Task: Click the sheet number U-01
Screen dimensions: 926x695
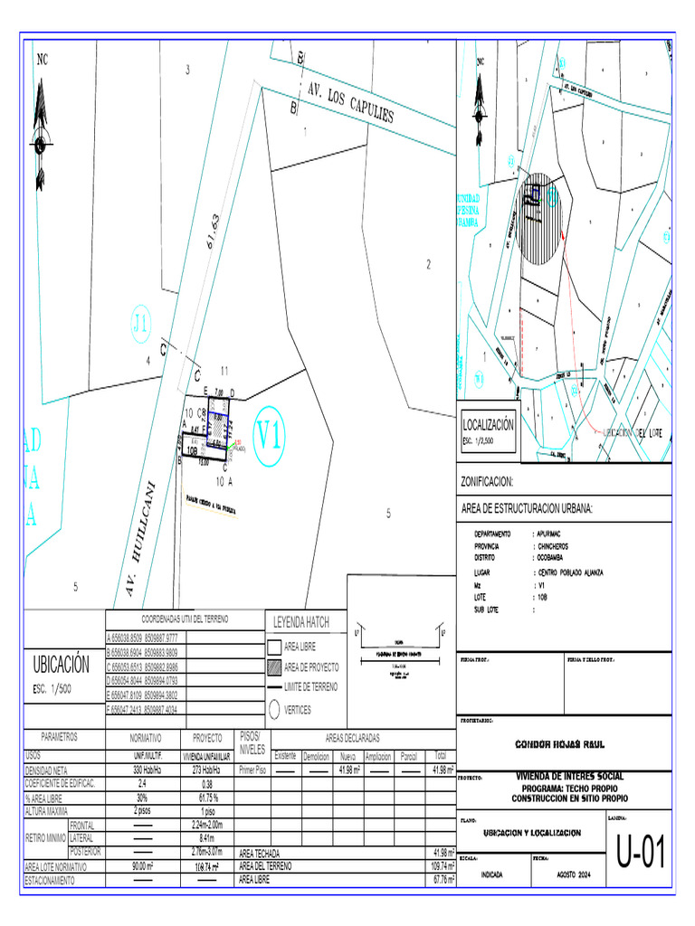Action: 641,853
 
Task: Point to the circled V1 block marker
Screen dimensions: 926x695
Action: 268,437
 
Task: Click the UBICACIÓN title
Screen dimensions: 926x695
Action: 62,666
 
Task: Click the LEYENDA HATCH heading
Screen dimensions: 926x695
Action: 302,622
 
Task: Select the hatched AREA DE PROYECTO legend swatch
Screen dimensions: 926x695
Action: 274,667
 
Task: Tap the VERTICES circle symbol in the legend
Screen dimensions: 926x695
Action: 273,710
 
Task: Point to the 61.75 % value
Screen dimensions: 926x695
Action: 207,798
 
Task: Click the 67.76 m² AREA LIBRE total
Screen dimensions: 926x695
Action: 443,879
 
